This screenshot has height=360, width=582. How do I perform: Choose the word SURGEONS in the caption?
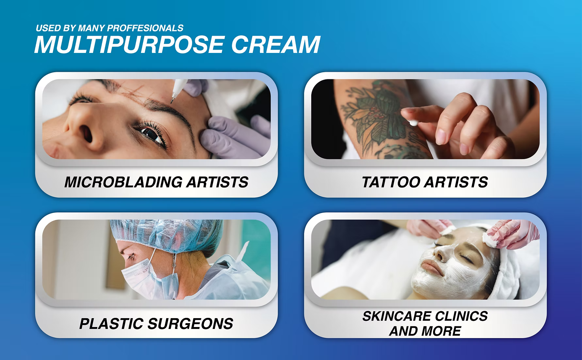(190, 324)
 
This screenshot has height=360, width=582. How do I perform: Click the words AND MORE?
(425, 331)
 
